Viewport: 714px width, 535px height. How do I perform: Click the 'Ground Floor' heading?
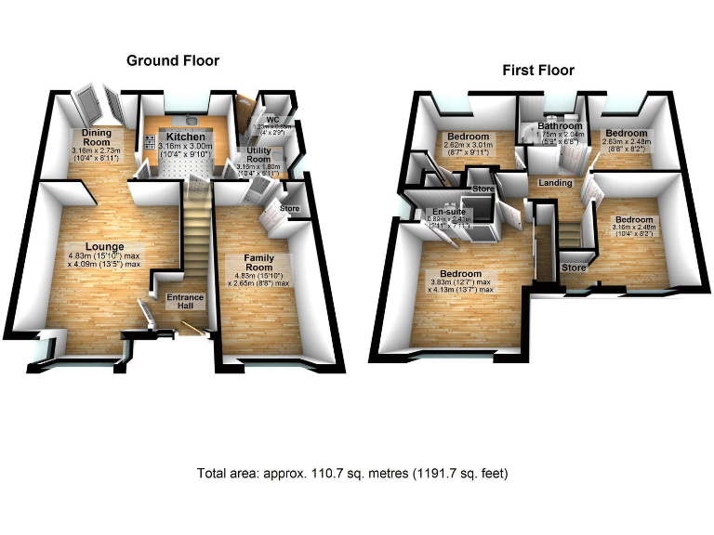click(173, 60)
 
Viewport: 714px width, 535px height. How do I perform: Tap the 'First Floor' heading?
click(538, 70)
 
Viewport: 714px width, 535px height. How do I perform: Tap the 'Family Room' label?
click(259, 261)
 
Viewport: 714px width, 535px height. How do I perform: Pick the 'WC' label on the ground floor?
click(271, 120)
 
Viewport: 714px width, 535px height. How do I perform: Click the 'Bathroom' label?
click(560, 125)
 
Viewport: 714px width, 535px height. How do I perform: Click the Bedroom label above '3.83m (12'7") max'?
click(460, 274)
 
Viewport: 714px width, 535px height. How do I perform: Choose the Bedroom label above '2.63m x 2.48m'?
click(620, 133)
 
